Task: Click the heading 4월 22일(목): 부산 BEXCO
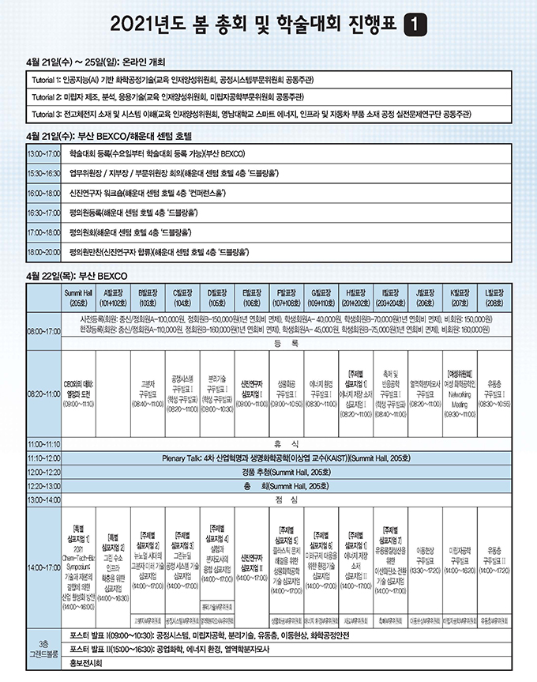72,277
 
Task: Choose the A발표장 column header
112,297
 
